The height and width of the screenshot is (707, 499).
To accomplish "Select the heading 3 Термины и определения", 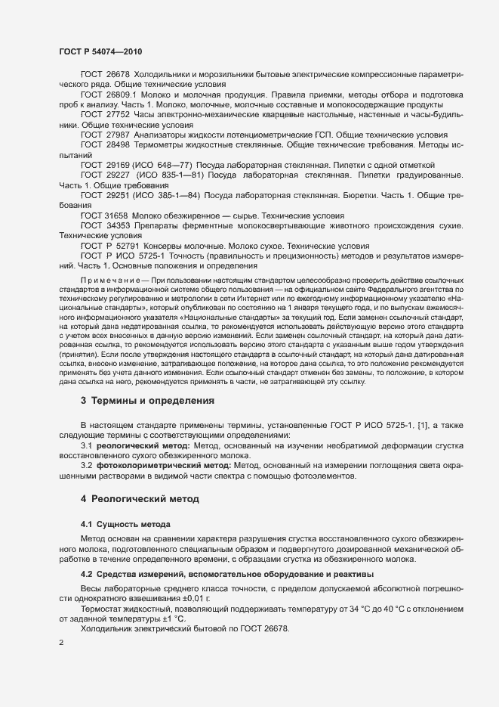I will pos(147,400).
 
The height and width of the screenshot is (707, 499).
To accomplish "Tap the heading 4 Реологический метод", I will pos(140,499).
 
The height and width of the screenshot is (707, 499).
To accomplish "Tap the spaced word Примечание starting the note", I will pos(110,279).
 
